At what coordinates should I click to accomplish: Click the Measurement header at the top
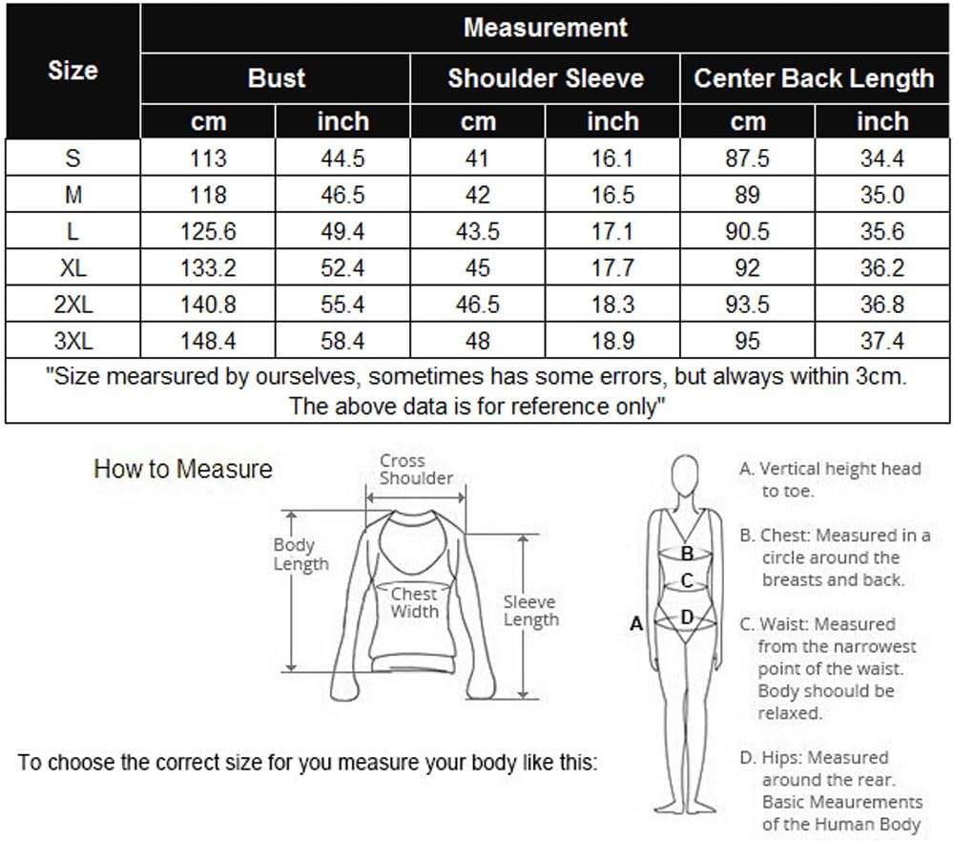pos(545,28)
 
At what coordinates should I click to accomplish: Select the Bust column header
pos(276,78)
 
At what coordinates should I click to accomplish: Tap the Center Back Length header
pos(814,78)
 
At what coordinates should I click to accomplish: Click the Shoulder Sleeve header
pos(545,78)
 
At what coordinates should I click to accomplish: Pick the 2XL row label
pos(73,305)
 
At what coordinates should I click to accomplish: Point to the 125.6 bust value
pos(208,232)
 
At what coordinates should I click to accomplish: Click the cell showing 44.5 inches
pos(342,158)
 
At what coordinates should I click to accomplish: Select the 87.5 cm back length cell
pos(747,158)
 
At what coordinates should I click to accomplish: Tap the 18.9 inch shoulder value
pos(612,341)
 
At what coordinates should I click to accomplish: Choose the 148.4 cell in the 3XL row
pos(208,341)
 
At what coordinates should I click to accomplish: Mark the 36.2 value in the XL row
pos(881,268)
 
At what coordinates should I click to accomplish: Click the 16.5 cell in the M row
pos(612,196)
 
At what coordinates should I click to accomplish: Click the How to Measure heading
pos(182,470)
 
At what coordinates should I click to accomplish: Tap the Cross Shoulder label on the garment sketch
pos(416,470)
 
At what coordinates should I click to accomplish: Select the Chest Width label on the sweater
pos(414,603)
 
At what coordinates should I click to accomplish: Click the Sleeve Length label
pos(530,611)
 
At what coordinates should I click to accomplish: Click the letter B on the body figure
pos(686,553)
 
